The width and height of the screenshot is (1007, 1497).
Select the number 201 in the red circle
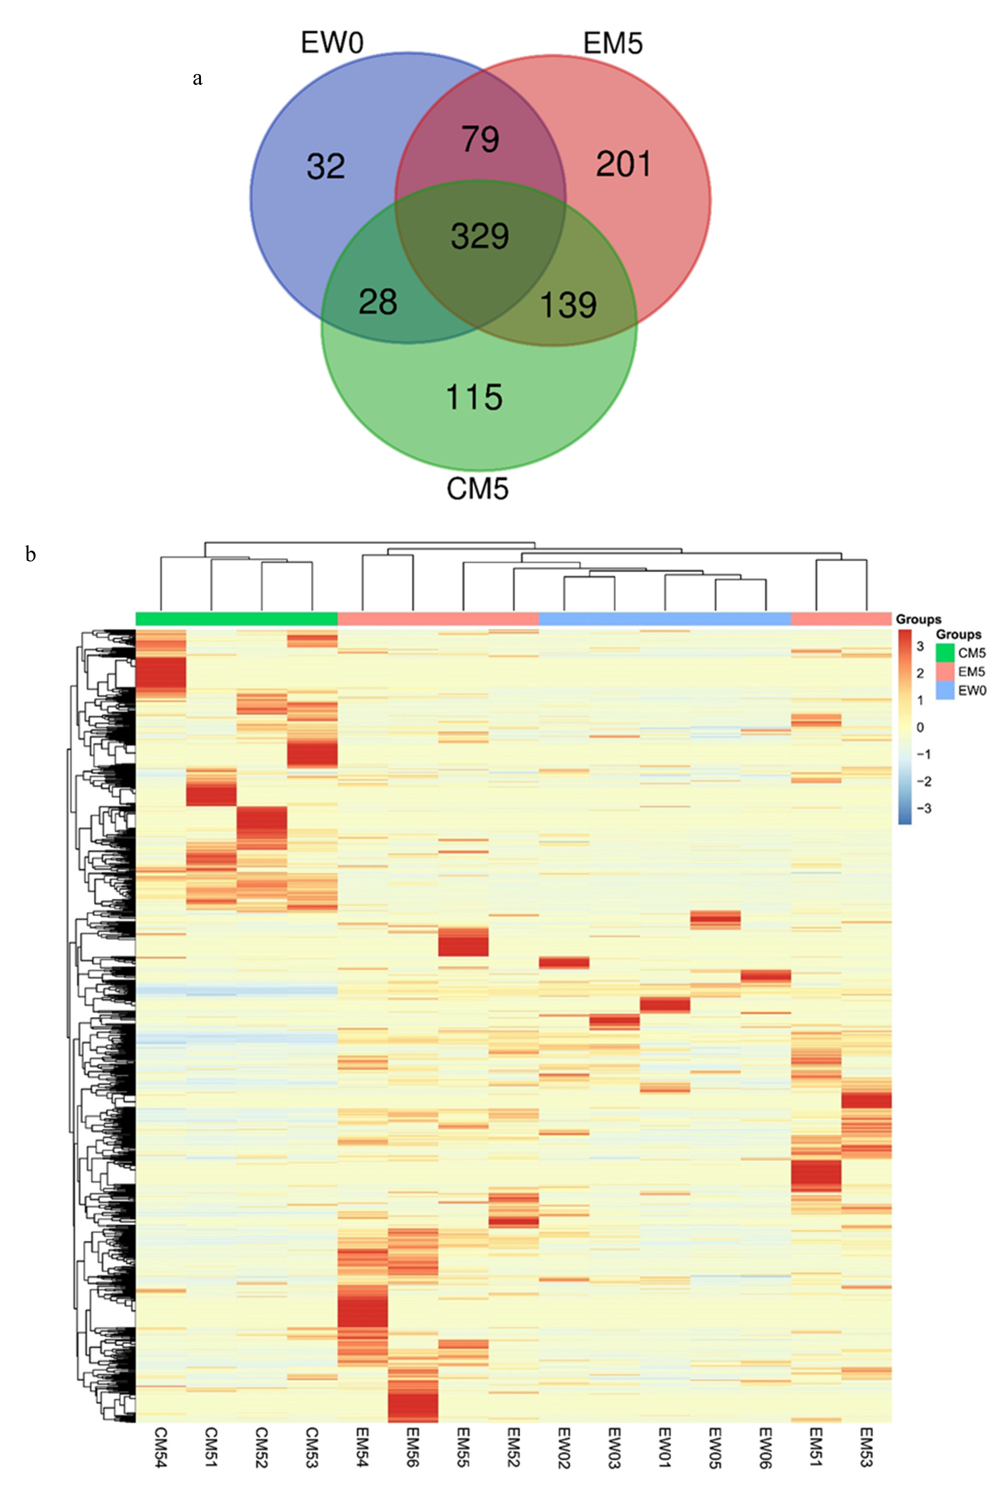point(623,164)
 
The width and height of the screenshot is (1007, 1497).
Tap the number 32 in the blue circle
point(326,166)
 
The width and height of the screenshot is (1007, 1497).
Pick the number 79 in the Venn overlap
point(480,139)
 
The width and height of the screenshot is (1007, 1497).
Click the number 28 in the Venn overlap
point(378,302)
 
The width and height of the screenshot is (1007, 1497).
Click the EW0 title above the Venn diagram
point(332,43)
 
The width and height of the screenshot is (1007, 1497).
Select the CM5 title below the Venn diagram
point(477,489)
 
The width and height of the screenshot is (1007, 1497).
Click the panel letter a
point(197,78)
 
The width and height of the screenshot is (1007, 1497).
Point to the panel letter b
point(30,554)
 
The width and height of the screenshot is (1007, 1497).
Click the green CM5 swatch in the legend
point(945,653)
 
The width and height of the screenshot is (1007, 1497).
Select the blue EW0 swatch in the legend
point(945,690)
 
